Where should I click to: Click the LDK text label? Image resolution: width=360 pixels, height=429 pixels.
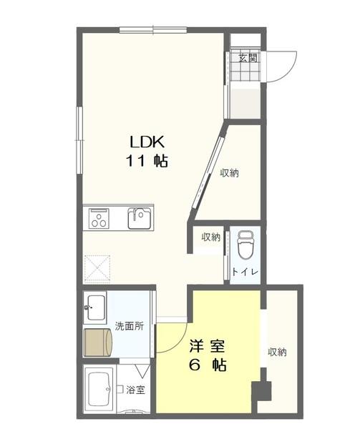pos(147,141)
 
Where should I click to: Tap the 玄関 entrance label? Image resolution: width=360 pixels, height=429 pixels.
pos(248,57)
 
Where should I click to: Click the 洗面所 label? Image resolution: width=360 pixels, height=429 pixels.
pos(129,326)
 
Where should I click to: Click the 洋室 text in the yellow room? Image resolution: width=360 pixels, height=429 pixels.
pos(208,346)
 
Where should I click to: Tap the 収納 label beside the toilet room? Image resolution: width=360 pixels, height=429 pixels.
pos(210,237)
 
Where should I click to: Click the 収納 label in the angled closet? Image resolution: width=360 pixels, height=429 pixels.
pos(229,172)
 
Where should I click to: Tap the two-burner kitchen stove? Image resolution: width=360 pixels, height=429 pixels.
pos(97,217)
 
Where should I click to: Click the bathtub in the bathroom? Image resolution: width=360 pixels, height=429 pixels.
pos(99,390)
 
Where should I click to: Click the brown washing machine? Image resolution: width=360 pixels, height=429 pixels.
pos(98,342)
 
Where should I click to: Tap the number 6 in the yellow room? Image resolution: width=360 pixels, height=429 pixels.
pos(194,365)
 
